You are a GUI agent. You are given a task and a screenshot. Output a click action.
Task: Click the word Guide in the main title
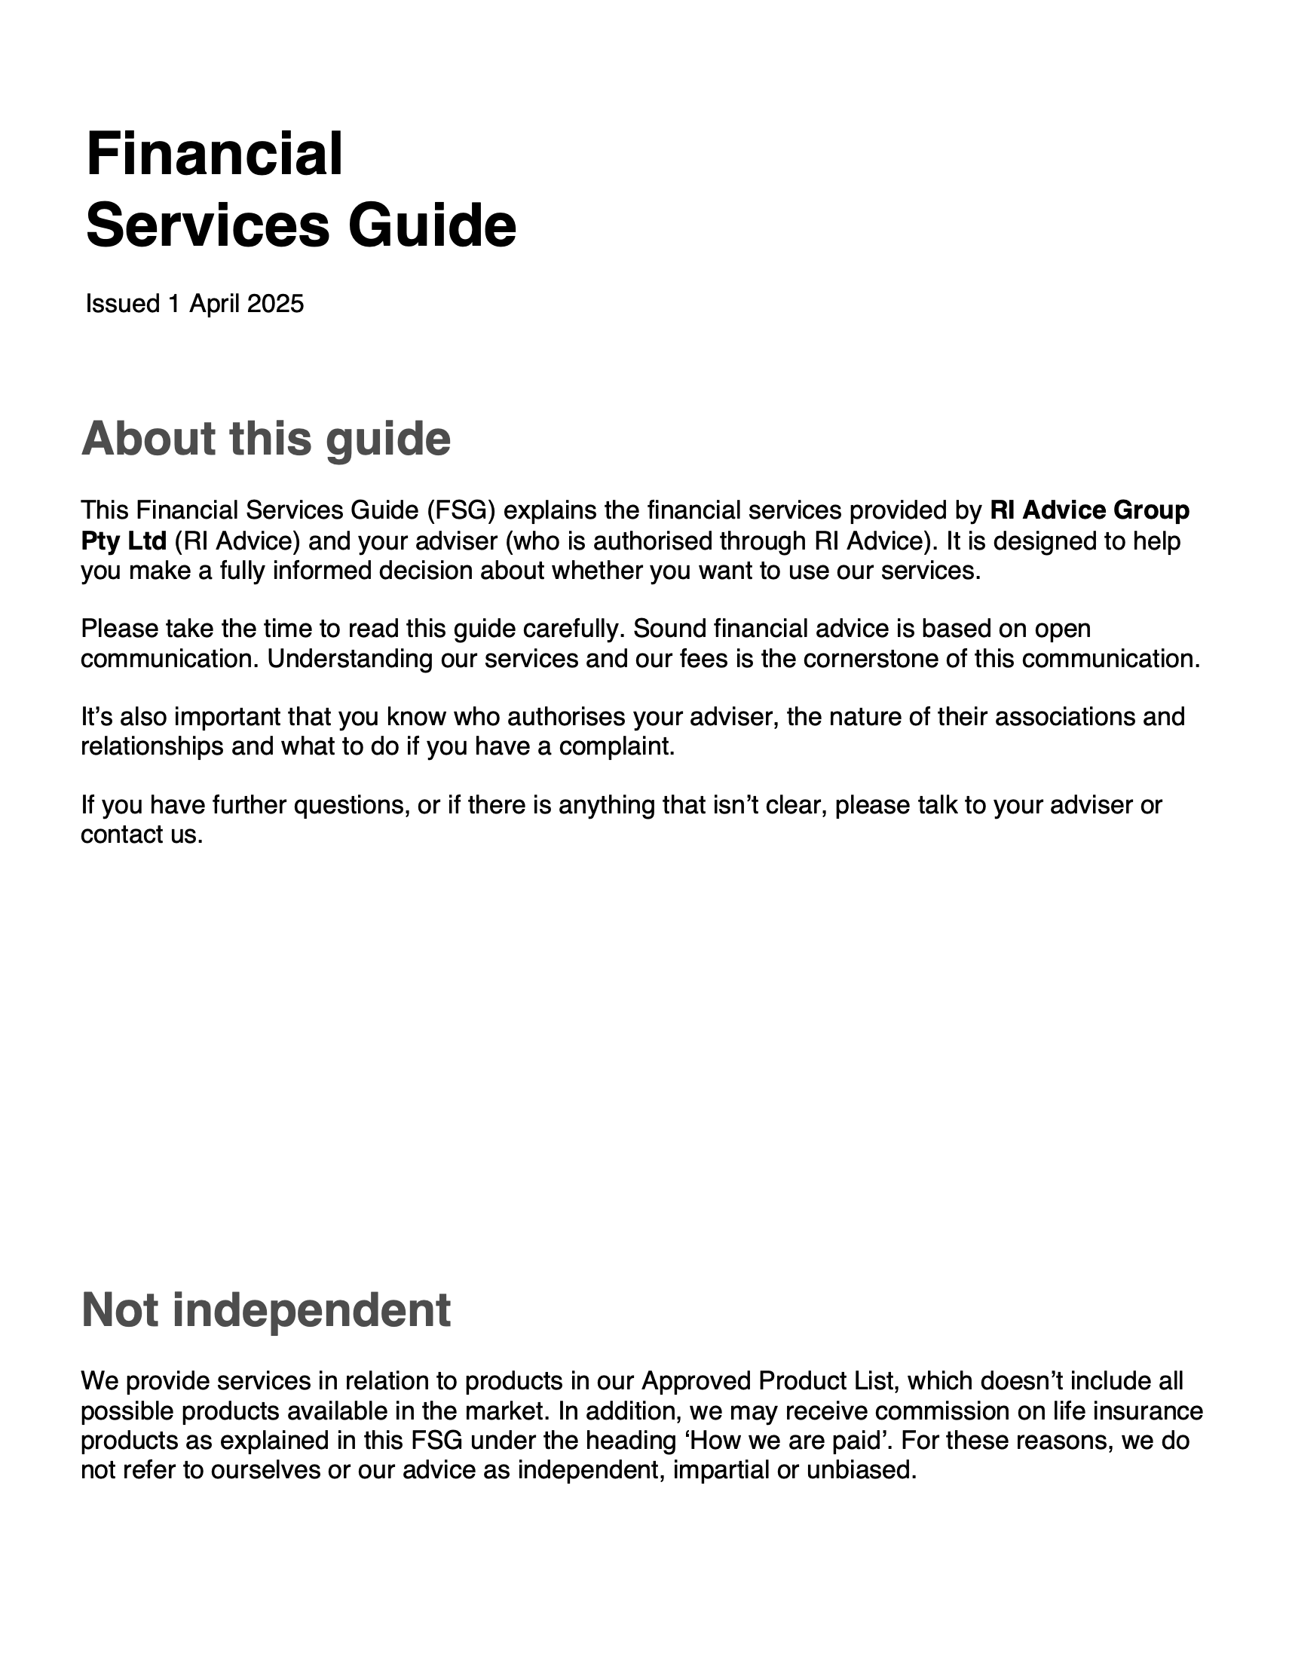pyautogui.click(x=432, y=225)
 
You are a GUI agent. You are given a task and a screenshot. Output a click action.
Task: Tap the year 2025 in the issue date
pyautogui.click(x=275, y=304)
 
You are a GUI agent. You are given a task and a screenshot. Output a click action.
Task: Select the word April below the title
pyautogui.click(x=215, y=304)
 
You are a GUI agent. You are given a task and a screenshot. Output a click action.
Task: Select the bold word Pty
pyautogui.click(x=101, y=541)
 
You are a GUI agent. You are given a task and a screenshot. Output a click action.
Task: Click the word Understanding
pyautogui.click(x=350, y=659)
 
